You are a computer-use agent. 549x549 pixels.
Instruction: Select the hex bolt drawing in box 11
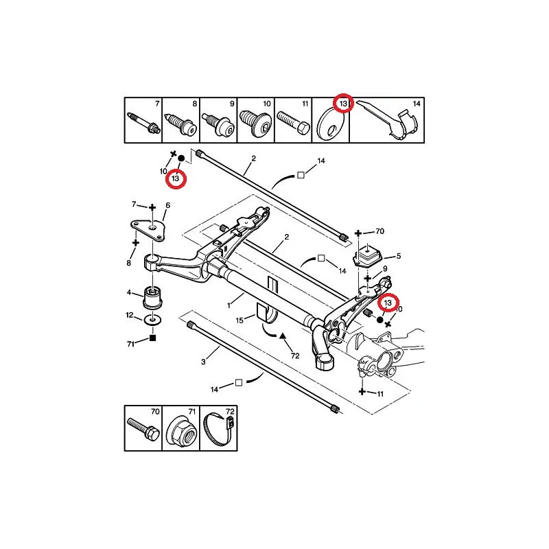(x=293, y=122)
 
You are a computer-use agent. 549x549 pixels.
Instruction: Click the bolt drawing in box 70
(x=143, y=430)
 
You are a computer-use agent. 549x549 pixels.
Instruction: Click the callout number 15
(x=240, y=320)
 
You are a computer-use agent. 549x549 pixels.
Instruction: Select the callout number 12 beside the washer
(x=130, y=315)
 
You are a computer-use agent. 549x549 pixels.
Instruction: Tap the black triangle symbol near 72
(x=283, y=336)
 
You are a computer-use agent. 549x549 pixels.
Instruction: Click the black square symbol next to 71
(x=152, y=338)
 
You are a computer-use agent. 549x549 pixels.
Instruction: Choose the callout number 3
(x=203, y=362)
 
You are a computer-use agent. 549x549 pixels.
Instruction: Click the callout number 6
(x=168, y=205)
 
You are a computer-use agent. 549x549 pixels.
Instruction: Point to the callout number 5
(x=399, y=256)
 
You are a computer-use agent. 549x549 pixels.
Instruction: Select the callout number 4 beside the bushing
(x=129, y=292)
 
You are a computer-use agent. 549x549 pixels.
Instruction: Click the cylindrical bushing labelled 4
(x=152, y=298)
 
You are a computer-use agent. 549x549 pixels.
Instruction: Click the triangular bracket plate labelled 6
(x=148, y=230)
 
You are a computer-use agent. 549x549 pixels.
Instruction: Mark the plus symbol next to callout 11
(x=362, y=391)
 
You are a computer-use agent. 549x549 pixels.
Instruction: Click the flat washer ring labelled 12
(x=152, y=319)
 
